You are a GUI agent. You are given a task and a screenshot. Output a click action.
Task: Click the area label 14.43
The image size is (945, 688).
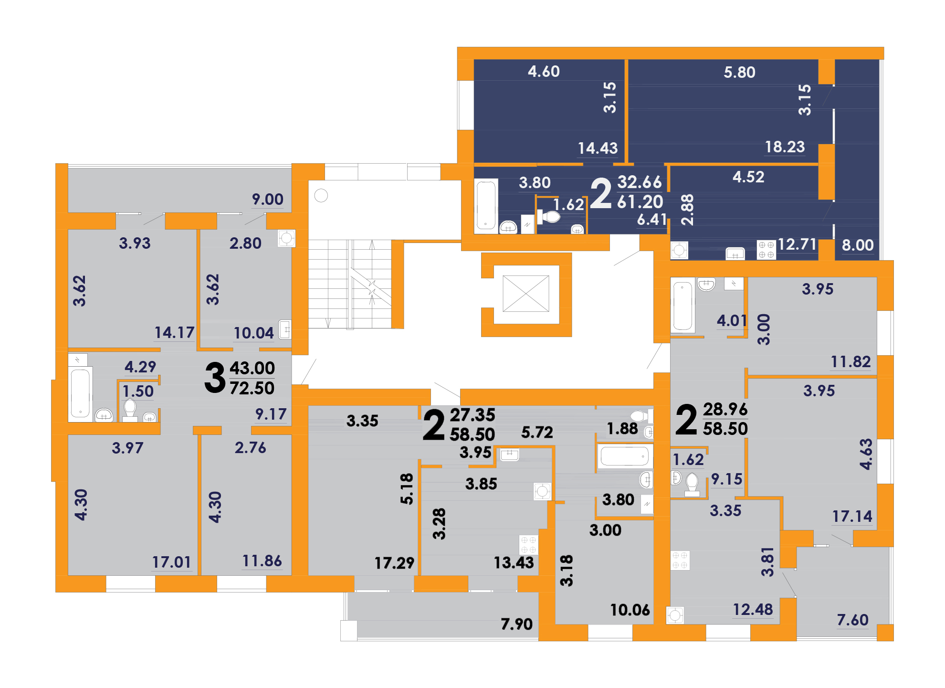coord(598,148)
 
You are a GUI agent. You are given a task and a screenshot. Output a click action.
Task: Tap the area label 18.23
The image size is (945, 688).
coord(785,147)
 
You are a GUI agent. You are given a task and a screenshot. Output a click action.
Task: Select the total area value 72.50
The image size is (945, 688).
coord(252,388)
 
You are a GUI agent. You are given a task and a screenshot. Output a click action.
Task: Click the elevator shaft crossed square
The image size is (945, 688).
coord(526,294)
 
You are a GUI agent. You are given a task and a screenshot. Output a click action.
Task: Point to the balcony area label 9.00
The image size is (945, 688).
coord(268,199)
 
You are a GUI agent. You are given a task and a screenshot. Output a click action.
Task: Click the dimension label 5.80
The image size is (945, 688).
coord(739,72)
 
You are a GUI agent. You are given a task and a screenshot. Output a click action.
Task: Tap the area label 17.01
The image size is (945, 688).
coord(171,562)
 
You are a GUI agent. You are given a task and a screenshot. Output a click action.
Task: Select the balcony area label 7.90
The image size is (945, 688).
coord(516,624)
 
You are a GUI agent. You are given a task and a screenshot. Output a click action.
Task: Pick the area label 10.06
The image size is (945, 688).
coord(630,610)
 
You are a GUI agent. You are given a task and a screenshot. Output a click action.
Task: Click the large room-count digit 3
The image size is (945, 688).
coord(215,378)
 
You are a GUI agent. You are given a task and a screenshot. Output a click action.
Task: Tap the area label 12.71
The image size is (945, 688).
coord(797,244)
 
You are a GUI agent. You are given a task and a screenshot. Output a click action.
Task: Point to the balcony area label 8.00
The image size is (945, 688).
coord(858,245)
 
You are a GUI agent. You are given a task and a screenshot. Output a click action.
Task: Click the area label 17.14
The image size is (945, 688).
coord(852,516)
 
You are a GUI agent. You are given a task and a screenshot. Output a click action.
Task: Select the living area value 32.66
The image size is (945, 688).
coord(640,182)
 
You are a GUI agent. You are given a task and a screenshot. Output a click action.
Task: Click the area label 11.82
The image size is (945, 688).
coord(850,361)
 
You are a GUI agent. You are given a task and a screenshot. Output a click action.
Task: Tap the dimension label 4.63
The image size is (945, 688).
coord(866,454)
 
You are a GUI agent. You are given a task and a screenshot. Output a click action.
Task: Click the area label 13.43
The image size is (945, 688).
coord(514,562)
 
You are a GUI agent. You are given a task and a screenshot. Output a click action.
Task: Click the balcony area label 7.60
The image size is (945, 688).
coord(852,620)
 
